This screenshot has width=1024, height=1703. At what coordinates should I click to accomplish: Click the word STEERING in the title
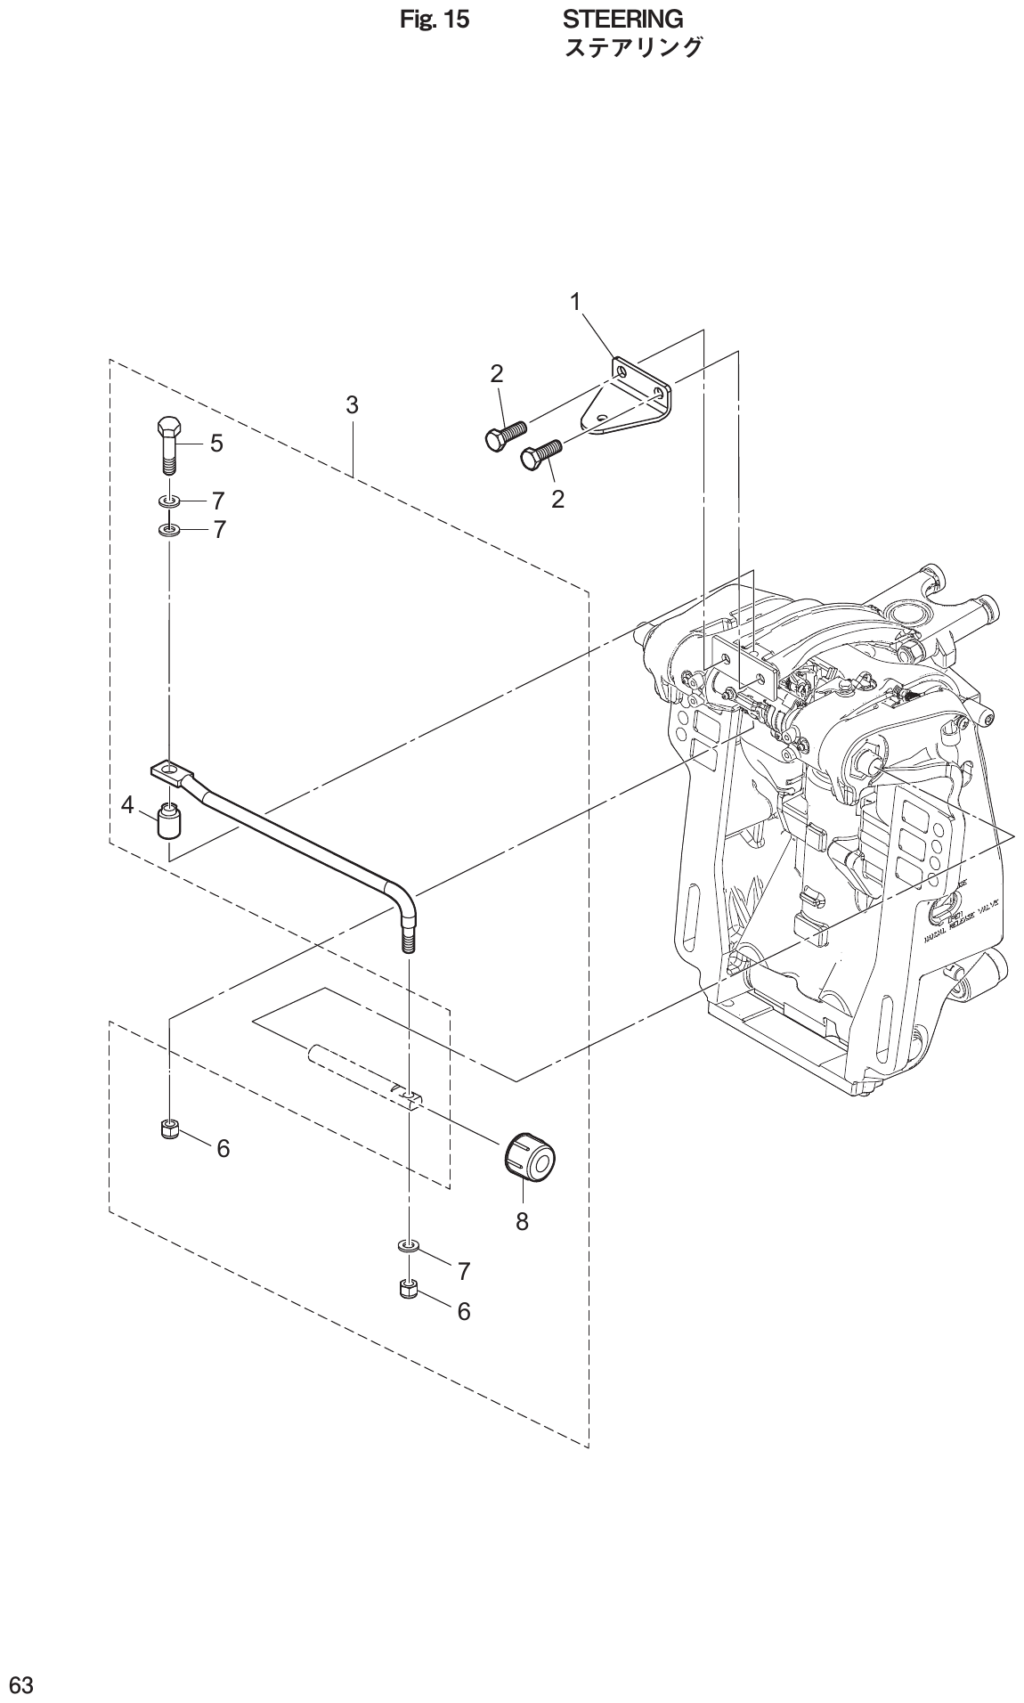622,19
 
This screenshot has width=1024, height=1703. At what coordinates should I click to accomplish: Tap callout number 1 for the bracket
575,302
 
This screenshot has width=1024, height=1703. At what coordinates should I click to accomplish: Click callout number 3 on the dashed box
352,405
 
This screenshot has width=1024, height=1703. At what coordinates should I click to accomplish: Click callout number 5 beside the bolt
216,444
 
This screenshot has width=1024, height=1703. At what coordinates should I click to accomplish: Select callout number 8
522,1222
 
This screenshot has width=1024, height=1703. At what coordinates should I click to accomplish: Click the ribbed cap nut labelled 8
530,1159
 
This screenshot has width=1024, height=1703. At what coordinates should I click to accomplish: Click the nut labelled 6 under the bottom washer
409,1288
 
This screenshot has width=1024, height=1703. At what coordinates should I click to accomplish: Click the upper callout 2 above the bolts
497,374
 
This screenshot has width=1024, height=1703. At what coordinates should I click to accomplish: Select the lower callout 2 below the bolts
557,499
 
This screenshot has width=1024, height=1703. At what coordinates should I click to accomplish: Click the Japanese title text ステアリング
633,48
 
